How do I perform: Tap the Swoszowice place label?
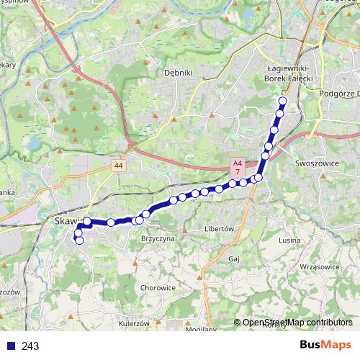(316, 163)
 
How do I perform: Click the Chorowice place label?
(158, 287)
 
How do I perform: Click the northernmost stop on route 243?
(282, 102)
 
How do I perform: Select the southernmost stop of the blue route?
(79, 240)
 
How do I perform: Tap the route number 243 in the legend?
(30, 346)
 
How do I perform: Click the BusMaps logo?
(325, 346)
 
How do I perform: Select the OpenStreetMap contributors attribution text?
(297, 323)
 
